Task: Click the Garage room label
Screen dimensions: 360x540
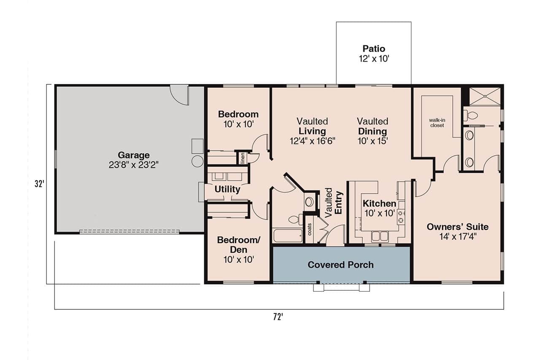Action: click(133, 155)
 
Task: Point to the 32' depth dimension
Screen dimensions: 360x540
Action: click(39, 184)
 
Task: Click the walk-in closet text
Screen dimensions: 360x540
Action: click(437, 122)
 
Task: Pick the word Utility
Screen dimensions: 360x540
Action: click(227, 189)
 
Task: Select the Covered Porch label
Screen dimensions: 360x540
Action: click(340, 265)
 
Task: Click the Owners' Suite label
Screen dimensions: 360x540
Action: click(457, 227)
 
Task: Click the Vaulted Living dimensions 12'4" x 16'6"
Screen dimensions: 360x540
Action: click(312, 141)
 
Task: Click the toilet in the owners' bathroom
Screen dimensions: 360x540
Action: click(470, 115)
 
